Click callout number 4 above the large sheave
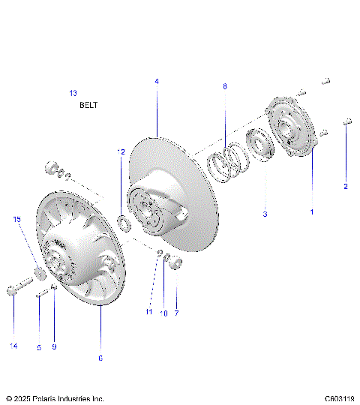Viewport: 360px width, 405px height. pos(157,81)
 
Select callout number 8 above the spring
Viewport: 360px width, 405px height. pos(224,87)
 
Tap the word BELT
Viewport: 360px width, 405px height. pos(88,106)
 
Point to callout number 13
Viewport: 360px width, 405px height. pos(73,93)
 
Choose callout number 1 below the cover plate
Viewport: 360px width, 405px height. pos(312,212)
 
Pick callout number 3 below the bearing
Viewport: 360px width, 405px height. pos(265,214)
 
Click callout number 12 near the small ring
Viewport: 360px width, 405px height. pos(121,151)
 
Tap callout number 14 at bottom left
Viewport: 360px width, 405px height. pos(13,346)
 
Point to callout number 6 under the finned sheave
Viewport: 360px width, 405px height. pos(100,358)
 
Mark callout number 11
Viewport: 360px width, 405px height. pos(149,312)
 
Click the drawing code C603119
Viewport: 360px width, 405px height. pos(340,399)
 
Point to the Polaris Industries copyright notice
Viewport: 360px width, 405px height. pos(55,399)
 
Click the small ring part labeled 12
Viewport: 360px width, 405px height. pos(125,223)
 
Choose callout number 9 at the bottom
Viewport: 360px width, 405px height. pos(54,346)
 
